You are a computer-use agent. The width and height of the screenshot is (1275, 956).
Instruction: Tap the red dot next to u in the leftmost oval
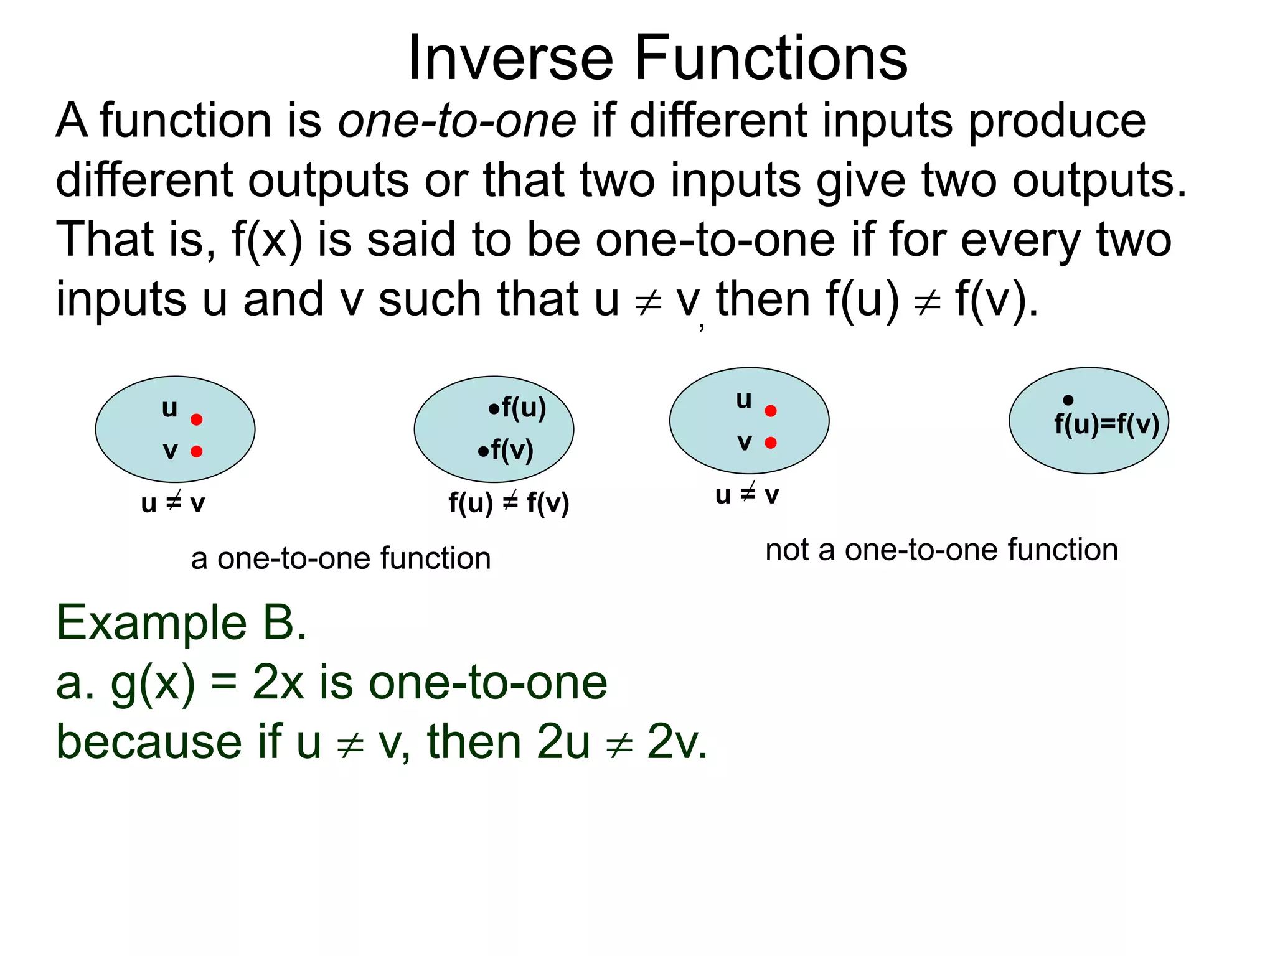tap(197, 419)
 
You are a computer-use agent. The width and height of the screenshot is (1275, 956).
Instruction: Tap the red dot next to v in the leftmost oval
tap(197, 451)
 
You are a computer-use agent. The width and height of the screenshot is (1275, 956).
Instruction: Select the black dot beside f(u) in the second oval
tap(494, 409)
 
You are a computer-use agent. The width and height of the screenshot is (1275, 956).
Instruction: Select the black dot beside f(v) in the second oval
tap(483, 451)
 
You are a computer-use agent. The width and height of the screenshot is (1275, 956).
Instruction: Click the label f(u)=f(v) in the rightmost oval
tap(1106, 424)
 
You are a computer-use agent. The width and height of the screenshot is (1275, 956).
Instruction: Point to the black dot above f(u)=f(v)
tap(1068, 400)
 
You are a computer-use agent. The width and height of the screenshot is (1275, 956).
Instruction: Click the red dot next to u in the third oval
tap(771, 411)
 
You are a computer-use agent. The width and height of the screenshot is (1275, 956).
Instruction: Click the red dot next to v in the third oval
tap(771, 443)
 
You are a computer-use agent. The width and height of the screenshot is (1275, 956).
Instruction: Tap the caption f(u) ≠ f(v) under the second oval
tap(509, 503)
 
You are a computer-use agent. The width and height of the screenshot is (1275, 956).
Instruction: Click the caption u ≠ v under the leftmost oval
tap(173, 503)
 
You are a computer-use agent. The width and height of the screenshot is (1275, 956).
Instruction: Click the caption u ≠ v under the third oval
tap(747, 495)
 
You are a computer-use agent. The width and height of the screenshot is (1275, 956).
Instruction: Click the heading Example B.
tap(181, 622)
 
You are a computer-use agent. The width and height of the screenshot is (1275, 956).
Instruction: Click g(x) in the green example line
tap(153, 683)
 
